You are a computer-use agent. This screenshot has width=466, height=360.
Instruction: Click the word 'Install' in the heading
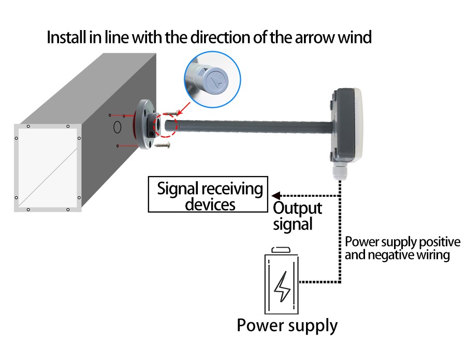pos(63,38)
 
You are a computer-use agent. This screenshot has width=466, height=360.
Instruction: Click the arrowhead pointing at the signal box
pos(276,196)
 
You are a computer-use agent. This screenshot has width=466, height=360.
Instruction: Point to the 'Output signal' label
pos(297,216)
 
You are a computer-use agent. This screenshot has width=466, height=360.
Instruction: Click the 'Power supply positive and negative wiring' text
pos(402,248)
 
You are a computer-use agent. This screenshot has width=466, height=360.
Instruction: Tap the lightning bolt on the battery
pos(283,286)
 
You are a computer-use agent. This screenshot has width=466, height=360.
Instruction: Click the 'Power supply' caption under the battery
pos(287,325)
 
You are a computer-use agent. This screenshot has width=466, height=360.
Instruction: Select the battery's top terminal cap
pos(283,249)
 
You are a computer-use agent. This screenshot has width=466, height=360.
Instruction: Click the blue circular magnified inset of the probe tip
pos(212,80)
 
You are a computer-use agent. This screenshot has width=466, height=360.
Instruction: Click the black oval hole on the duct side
pos(118,126)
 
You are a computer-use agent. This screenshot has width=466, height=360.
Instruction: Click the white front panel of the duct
pos(48,168)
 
